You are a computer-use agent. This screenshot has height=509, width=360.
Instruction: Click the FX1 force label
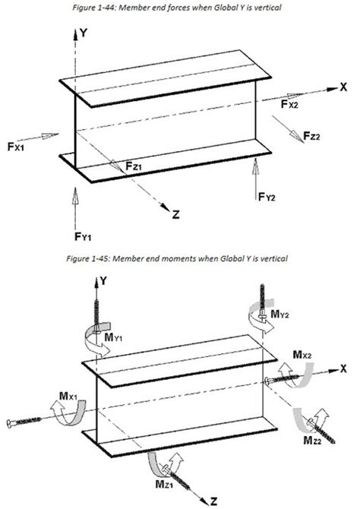click(16, 147)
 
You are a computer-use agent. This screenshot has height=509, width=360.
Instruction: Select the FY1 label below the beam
click(83, 236)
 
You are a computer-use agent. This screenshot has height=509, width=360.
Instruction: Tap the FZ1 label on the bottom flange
click(134, 166)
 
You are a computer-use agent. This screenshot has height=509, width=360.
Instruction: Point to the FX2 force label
click(289, 104)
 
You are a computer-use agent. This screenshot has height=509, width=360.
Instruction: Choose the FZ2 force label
click(311, 136)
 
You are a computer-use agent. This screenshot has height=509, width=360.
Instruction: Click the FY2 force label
click(267, 197)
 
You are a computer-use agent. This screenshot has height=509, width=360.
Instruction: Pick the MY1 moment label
click(113, 337)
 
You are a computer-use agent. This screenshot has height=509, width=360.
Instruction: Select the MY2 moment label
click(279, 314)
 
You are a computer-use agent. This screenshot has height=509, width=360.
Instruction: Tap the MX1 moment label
click(68, 396)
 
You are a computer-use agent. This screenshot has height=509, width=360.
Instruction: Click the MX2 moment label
click(302, 355)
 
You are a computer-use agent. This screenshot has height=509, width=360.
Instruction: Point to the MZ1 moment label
click(164, 485)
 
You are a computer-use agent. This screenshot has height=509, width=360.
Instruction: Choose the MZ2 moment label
click(312, 440)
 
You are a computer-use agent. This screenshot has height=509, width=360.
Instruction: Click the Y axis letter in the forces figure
click(84, 33)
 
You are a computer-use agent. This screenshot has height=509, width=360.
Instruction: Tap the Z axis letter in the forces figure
click(175, 214)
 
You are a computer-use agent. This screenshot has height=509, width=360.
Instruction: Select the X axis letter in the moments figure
click(343, 368)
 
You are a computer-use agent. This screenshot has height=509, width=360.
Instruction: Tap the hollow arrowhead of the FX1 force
click(47, 135)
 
